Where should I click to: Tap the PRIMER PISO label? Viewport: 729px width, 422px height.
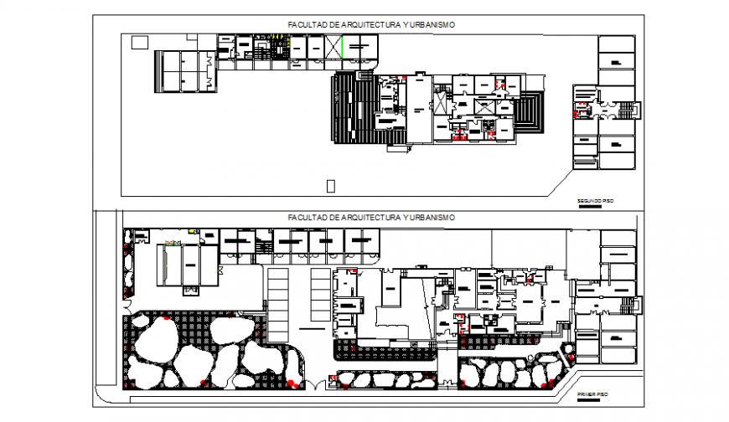(x=591, y=392)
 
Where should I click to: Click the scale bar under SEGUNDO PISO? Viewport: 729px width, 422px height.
(x=590, y=206)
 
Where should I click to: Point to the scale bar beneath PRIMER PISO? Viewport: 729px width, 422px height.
(x=591, y=397)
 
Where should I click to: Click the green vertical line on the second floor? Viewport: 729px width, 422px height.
(x=342, y=47)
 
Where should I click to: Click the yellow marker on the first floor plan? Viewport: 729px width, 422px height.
(x=192, y=230)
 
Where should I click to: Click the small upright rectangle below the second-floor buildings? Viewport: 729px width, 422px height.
(x=330, y=185)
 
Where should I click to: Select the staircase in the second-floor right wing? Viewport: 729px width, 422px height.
(x=624, y=109)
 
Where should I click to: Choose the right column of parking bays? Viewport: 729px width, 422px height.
(x=319, y=293)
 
